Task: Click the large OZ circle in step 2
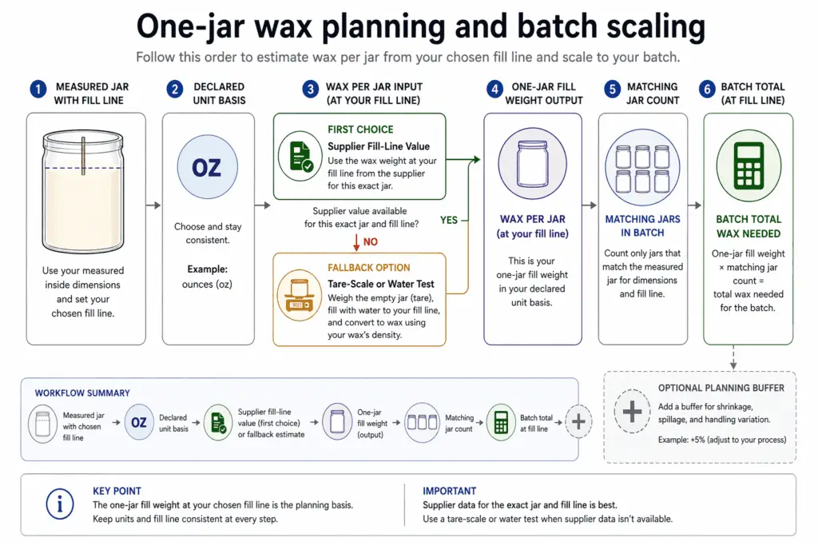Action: point(207,168)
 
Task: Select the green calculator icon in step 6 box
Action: point(748,164)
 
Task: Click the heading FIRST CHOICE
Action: point(360,129)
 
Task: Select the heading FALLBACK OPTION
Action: point(368,268)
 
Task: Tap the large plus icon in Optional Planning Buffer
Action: point(631,412)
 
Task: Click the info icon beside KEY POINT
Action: point(59,504)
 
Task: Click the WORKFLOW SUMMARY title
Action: point(82,393)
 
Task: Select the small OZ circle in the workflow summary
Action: point(139,422)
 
